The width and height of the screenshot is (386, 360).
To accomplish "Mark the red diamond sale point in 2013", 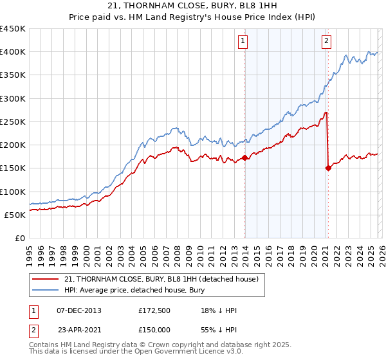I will pyautogui.click(x=245, y=157).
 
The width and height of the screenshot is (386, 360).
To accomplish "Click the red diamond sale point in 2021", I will pyautogui.click(x=328, y=168).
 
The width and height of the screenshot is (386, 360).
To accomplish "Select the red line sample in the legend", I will pyautogui.click(x=46, y=279).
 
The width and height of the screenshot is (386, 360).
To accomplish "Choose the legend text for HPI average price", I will pyautogui.click(x=134, y=290).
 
